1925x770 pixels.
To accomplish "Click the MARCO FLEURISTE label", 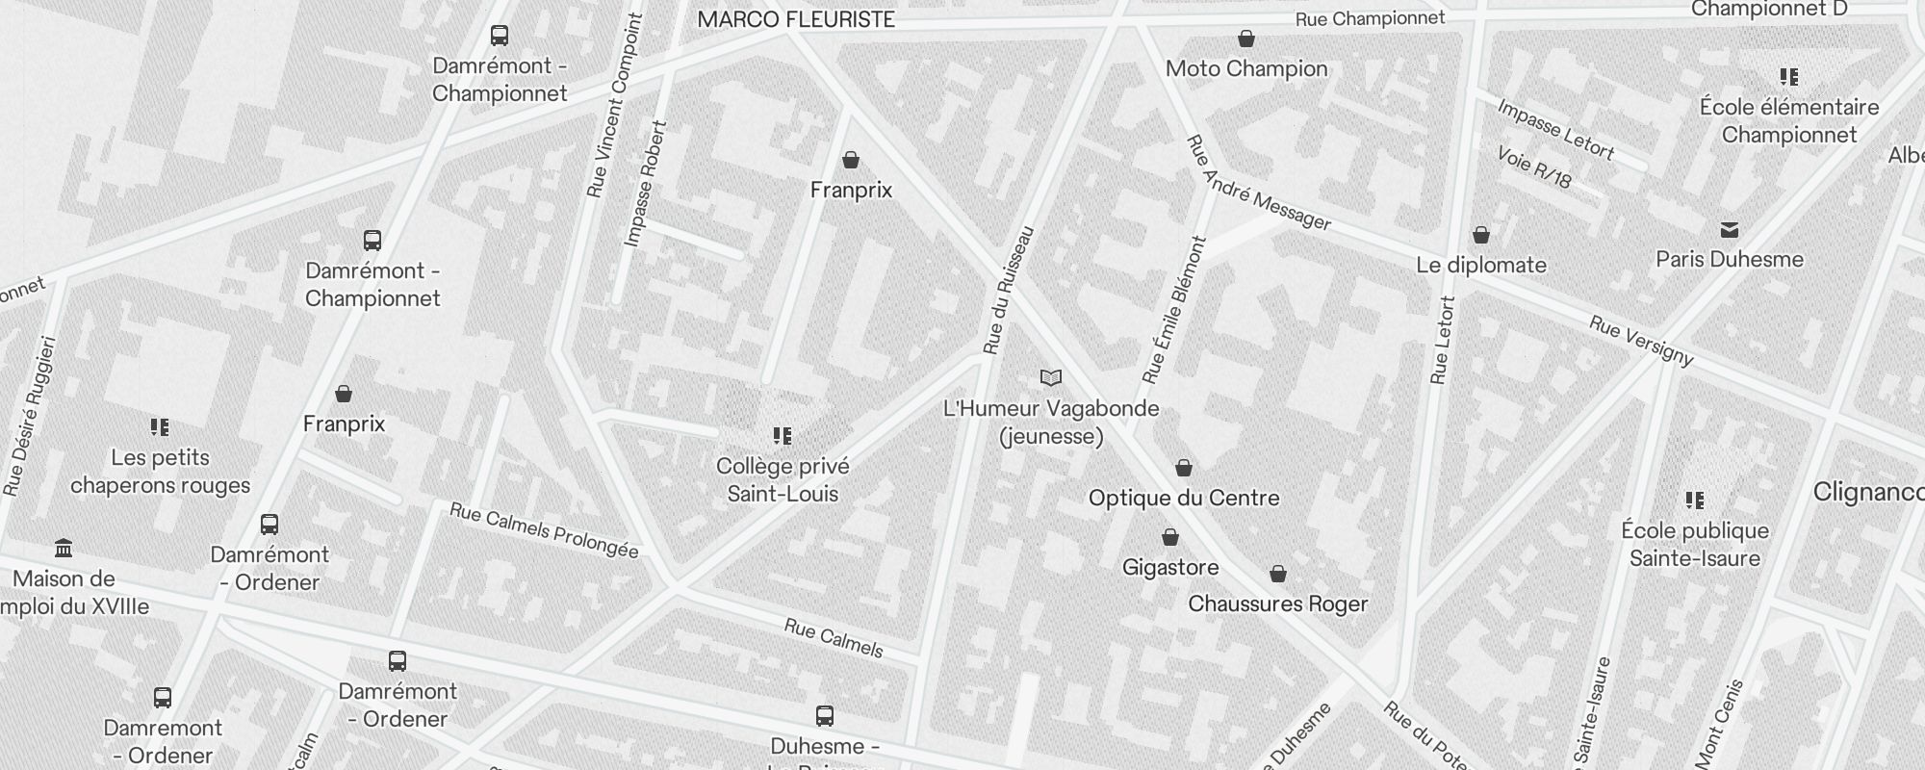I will point(796,19).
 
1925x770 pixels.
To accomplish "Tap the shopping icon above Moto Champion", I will point(1246,39).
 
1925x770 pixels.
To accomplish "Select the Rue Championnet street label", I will point(1370,19).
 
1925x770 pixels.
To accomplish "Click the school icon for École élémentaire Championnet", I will point(1788,77).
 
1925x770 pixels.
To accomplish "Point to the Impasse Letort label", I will point(1555,129).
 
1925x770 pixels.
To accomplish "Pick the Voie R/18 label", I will point(1534,167).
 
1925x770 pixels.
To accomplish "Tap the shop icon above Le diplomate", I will point(1481,236).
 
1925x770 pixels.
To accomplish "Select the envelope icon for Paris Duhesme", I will point(1730,230).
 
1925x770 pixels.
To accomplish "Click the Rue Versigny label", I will point(1641,341).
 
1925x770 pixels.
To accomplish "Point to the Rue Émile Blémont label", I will point(1174,310).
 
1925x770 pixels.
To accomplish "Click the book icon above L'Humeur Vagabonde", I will point(1051,378).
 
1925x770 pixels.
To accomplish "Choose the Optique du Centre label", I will point(1184,498).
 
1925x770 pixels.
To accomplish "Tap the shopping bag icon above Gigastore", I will point(1170,537).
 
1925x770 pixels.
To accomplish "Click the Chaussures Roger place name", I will point(1278,603).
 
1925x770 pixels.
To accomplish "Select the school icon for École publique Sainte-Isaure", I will point(1695,500).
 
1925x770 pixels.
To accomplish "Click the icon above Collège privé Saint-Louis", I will point(783,436).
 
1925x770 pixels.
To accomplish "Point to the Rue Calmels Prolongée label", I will point(544,530).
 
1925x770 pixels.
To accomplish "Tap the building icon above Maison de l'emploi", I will point(64,549).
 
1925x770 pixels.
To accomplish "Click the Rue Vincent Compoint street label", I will point(613,106).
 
